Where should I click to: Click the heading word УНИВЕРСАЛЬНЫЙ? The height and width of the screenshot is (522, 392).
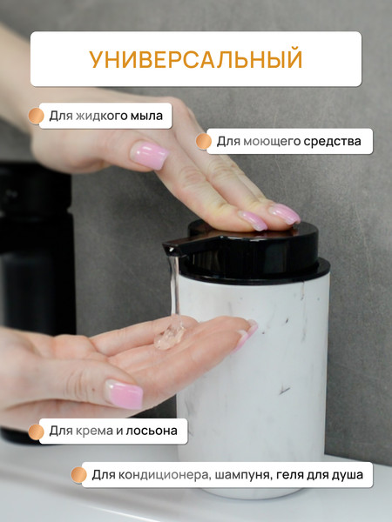(196, 59)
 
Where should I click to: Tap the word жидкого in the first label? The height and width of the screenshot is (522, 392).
(102, 116)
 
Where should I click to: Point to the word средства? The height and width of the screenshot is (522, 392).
(333, 142)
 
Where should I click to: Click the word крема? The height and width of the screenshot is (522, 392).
(94, 431)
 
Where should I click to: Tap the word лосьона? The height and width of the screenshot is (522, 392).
(152, 431)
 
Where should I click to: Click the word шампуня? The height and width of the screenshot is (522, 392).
(240, 475)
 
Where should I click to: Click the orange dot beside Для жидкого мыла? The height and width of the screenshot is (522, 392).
(36, 116)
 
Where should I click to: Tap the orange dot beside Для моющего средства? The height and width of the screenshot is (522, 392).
(204, 142)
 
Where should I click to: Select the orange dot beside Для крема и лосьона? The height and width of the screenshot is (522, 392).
(36, 432)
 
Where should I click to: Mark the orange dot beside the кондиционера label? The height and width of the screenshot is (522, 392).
(79, 475)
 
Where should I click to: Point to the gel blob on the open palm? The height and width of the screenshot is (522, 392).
(169, 336)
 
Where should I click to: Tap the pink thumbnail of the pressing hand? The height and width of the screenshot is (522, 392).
(149, 155)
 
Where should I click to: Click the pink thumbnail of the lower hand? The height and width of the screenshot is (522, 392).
(124, 394)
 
